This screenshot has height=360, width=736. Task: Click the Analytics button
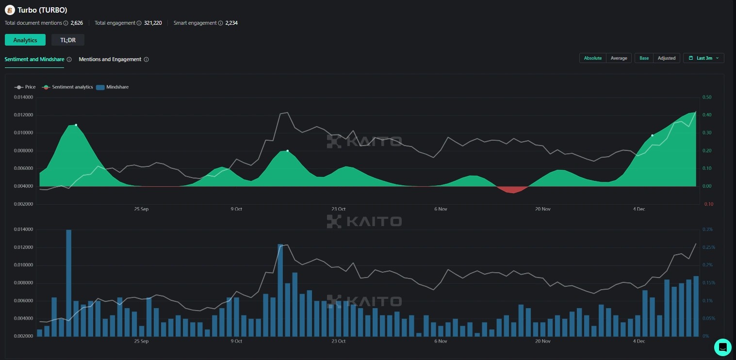pyautogui.click(x=25, y=40)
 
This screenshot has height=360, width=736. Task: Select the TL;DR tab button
pyautogui.click(x=68, y=40)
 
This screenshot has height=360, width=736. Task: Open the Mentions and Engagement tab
pyautogui.click(x=110, y=59)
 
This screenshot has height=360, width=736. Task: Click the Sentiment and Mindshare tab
pyautogui.click(x=34, y=59)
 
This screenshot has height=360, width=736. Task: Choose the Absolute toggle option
pyautogui.click(x=593, y=58)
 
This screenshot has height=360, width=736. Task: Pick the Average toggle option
pyautogui.click(x=619, y=58)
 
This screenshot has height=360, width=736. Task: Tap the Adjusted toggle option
pyautogui.click(x=666, y=58)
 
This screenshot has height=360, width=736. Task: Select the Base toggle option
pyautogui.click(x=644, y=58)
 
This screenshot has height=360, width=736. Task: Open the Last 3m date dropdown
pyautogui.click(x=703, y=58)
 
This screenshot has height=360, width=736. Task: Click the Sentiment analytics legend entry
pyautogui.click(x=67, y=87)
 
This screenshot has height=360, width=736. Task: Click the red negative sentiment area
pyautogui.click(x=511, y=189)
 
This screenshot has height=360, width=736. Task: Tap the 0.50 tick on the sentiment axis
pyautogui.click(x=706, y=98)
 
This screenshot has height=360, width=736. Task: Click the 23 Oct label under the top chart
pyautogui.click(x=338, y=209)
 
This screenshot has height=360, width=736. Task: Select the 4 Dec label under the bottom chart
pyautogui.click(x=639, y=342)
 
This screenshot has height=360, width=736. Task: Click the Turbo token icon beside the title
pyautogui.click(x=10, y=10)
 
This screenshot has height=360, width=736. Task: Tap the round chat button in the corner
pyautogui.click(x=722, y=347)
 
